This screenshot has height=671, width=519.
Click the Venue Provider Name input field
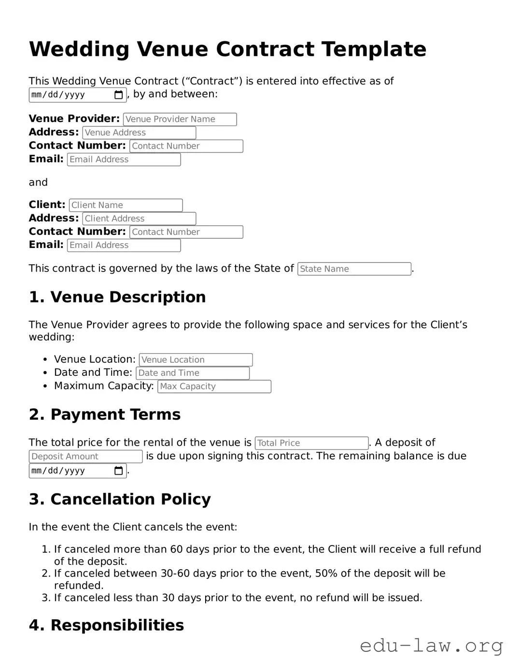coord(180,119)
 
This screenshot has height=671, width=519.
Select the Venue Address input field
coord(139,133)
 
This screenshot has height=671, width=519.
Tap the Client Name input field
coord(126,205)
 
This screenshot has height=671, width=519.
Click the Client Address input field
coord(139,219)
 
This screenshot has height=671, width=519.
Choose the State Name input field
coord(354,269)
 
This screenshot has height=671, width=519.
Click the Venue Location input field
coord(196,360)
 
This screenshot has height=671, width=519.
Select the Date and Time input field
coord(193,373)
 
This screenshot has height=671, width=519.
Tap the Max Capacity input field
coord(214,386)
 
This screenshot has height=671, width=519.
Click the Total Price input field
coord(311,443)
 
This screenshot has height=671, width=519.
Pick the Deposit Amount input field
coord(85,456)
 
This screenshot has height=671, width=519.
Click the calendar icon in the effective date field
coord(118,95)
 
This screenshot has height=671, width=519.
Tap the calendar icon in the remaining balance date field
coord(118,471)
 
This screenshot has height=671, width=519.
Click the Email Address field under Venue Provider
coord(124,160)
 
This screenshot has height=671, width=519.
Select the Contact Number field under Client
coord(186,232)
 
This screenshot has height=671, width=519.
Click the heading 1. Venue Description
coord(117,297)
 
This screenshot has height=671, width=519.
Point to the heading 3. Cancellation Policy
coord(120,499)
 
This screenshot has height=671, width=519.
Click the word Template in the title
coord(374,49)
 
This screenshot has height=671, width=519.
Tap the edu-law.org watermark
coord(431,645)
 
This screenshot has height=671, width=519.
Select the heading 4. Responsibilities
coord(106,625)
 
